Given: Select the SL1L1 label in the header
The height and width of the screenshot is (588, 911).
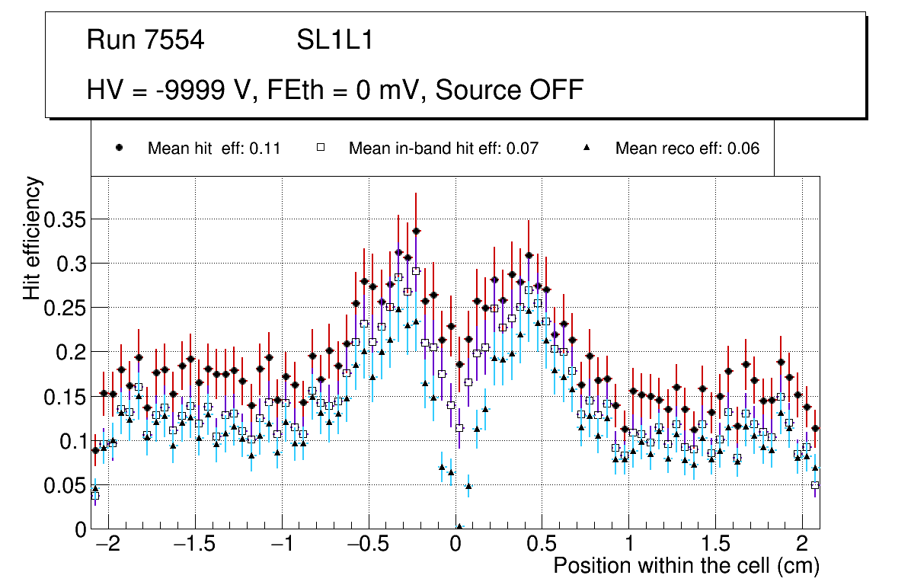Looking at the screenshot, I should pos(334,40).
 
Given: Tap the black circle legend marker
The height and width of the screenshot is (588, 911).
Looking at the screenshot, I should pos(120,149).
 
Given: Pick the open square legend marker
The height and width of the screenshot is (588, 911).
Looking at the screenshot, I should pos(321,149).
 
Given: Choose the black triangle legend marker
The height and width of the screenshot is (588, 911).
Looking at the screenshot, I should pos(587,149).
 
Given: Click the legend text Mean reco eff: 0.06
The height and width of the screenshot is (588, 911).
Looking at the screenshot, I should pos(687,149).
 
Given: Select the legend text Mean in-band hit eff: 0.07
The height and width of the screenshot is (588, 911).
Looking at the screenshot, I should pos(443,149).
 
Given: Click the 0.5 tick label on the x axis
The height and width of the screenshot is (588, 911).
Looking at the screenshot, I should pos(542,545).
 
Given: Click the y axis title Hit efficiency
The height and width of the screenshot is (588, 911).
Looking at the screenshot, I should pos(32,238).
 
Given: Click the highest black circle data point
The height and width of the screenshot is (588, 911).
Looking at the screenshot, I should pos(416,231).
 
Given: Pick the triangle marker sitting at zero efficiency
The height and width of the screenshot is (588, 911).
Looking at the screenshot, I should pos(459,526).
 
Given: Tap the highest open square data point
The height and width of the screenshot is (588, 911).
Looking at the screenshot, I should pos(416,271).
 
